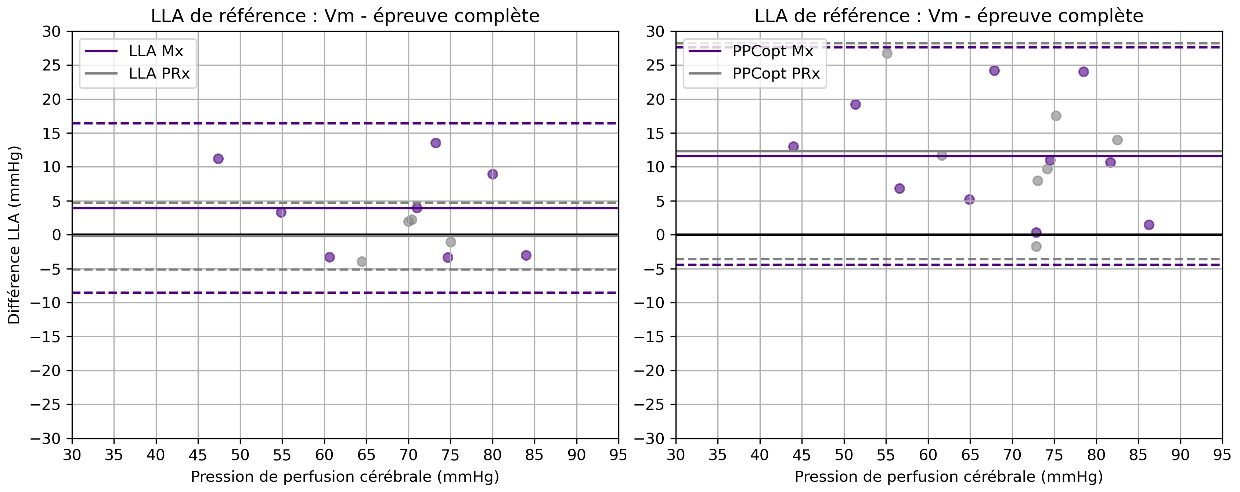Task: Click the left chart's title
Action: [x=345, y=16]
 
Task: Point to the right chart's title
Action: [x=949, y=16]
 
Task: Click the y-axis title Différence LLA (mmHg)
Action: [x=14, y=235]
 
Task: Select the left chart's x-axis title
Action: [x=345, y=477]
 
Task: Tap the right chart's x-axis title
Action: [x=949, y=477]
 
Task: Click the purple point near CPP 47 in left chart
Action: [x=218, y=159]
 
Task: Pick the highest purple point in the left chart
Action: [x=436, y=143]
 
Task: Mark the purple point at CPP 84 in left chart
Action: [x=526, y=255]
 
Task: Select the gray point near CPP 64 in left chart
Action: [x=361, y=261]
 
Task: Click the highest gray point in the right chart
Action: [x=887, y=54]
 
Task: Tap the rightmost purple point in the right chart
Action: [x=1149, y=225]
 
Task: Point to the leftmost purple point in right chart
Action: [x=793, y=147]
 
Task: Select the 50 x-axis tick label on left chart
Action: [x=240, y=455]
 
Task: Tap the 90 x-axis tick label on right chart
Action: [x=1180, y=455]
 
